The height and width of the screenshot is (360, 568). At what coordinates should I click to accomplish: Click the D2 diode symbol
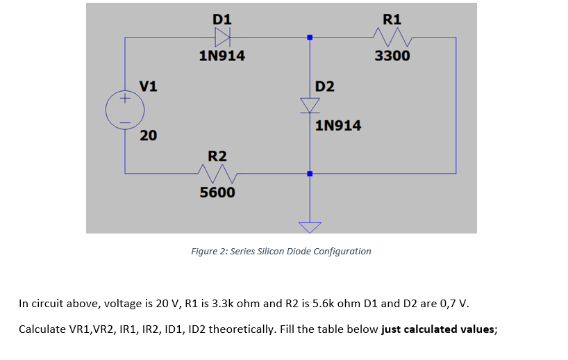click(310, 104)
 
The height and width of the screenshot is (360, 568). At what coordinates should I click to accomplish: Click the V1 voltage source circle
click(125, 110)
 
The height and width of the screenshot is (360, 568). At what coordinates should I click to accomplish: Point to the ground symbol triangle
click(310, 227)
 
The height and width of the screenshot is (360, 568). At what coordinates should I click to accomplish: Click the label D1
click(222, 19)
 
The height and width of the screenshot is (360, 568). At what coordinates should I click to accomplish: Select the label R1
click(392, 19)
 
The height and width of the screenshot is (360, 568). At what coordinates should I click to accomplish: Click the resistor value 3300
click(392, 56)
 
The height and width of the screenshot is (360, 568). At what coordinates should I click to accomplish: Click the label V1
click(148, 86)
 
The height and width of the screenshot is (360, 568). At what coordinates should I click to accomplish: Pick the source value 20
click(148, 135)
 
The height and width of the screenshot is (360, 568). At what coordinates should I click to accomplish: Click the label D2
click(324, 86)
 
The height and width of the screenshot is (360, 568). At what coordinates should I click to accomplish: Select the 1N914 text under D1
click(222, 56)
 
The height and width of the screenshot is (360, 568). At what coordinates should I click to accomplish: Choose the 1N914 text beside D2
click(338, 126)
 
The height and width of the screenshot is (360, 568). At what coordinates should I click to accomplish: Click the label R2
click(217, 154)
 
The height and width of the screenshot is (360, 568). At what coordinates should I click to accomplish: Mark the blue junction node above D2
click(310, 38)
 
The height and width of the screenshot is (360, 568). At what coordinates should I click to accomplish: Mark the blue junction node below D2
click(310, 173)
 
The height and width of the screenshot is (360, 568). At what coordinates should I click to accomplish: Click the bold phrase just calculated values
click(438, 329)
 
